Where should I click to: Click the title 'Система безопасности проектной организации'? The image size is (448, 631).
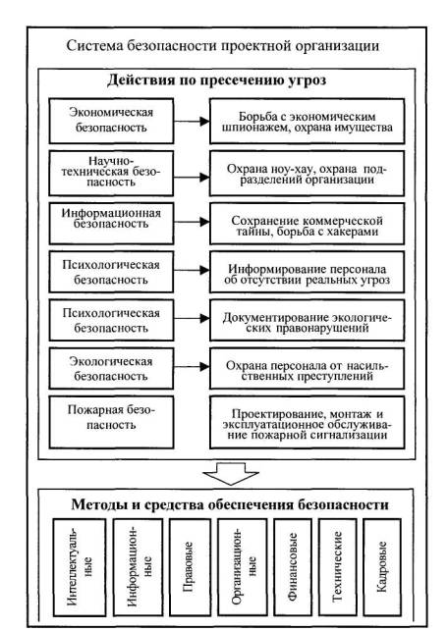[x=222, y=45]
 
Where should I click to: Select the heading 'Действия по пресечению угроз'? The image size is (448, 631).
[x=216, y=80]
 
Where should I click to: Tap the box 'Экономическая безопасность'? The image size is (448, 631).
[x=111, y=121]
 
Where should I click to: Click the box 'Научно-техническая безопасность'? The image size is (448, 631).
[x=111, y=173]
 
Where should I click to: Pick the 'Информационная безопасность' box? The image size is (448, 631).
[x=111, y=224]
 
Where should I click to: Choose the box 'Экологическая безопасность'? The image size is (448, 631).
[x=111, y=368]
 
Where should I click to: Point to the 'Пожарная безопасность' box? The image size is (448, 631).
[x=111, y=422]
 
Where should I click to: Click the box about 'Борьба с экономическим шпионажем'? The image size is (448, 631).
[x=307, y=121]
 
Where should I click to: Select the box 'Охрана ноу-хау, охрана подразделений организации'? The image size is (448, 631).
[x=307, y=173]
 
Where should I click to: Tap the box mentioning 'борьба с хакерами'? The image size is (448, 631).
[x=307, y=224]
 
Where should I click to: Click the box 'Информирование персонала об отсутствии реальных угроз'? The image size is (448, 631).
[x=307, y=272]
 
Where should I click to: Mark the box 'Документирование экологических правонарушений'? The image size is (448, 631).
[x=307, y=320]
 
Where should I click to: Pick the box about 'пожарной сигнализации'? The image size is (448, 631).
[x=307, y=422]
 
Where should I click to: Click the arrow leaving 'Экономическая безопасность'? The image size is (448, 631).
[x=192, y=121]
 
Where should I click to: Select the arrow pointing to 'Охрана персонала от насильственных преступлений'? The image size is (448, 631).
[x=192, y=367]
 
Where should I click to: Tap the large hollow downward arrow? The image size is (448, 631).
[x=231, y=473]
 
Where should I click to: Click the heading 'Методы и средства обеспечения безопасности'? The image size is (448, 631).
[x=230, y=504]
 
